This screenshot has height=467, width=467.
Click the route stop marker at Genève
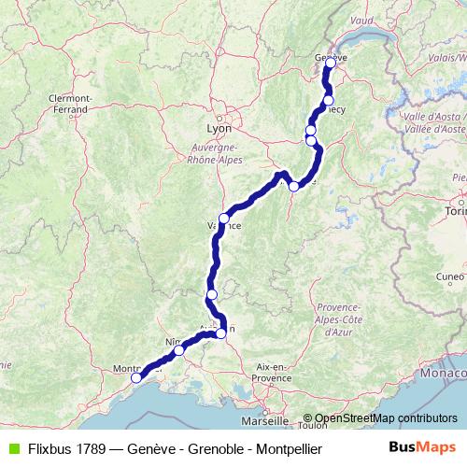click(330, 63)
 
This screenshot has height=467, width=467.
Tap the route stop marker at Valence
click(224, 219)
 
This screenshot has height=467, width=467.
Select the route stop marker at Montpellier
click(136, 377)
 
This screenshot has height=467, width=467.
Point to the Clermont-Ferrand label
click(70, 101)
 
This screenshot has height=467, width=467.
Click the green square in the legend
click(12, 449)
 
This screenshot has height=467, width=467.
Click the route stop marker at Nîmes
click(179, 350)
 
